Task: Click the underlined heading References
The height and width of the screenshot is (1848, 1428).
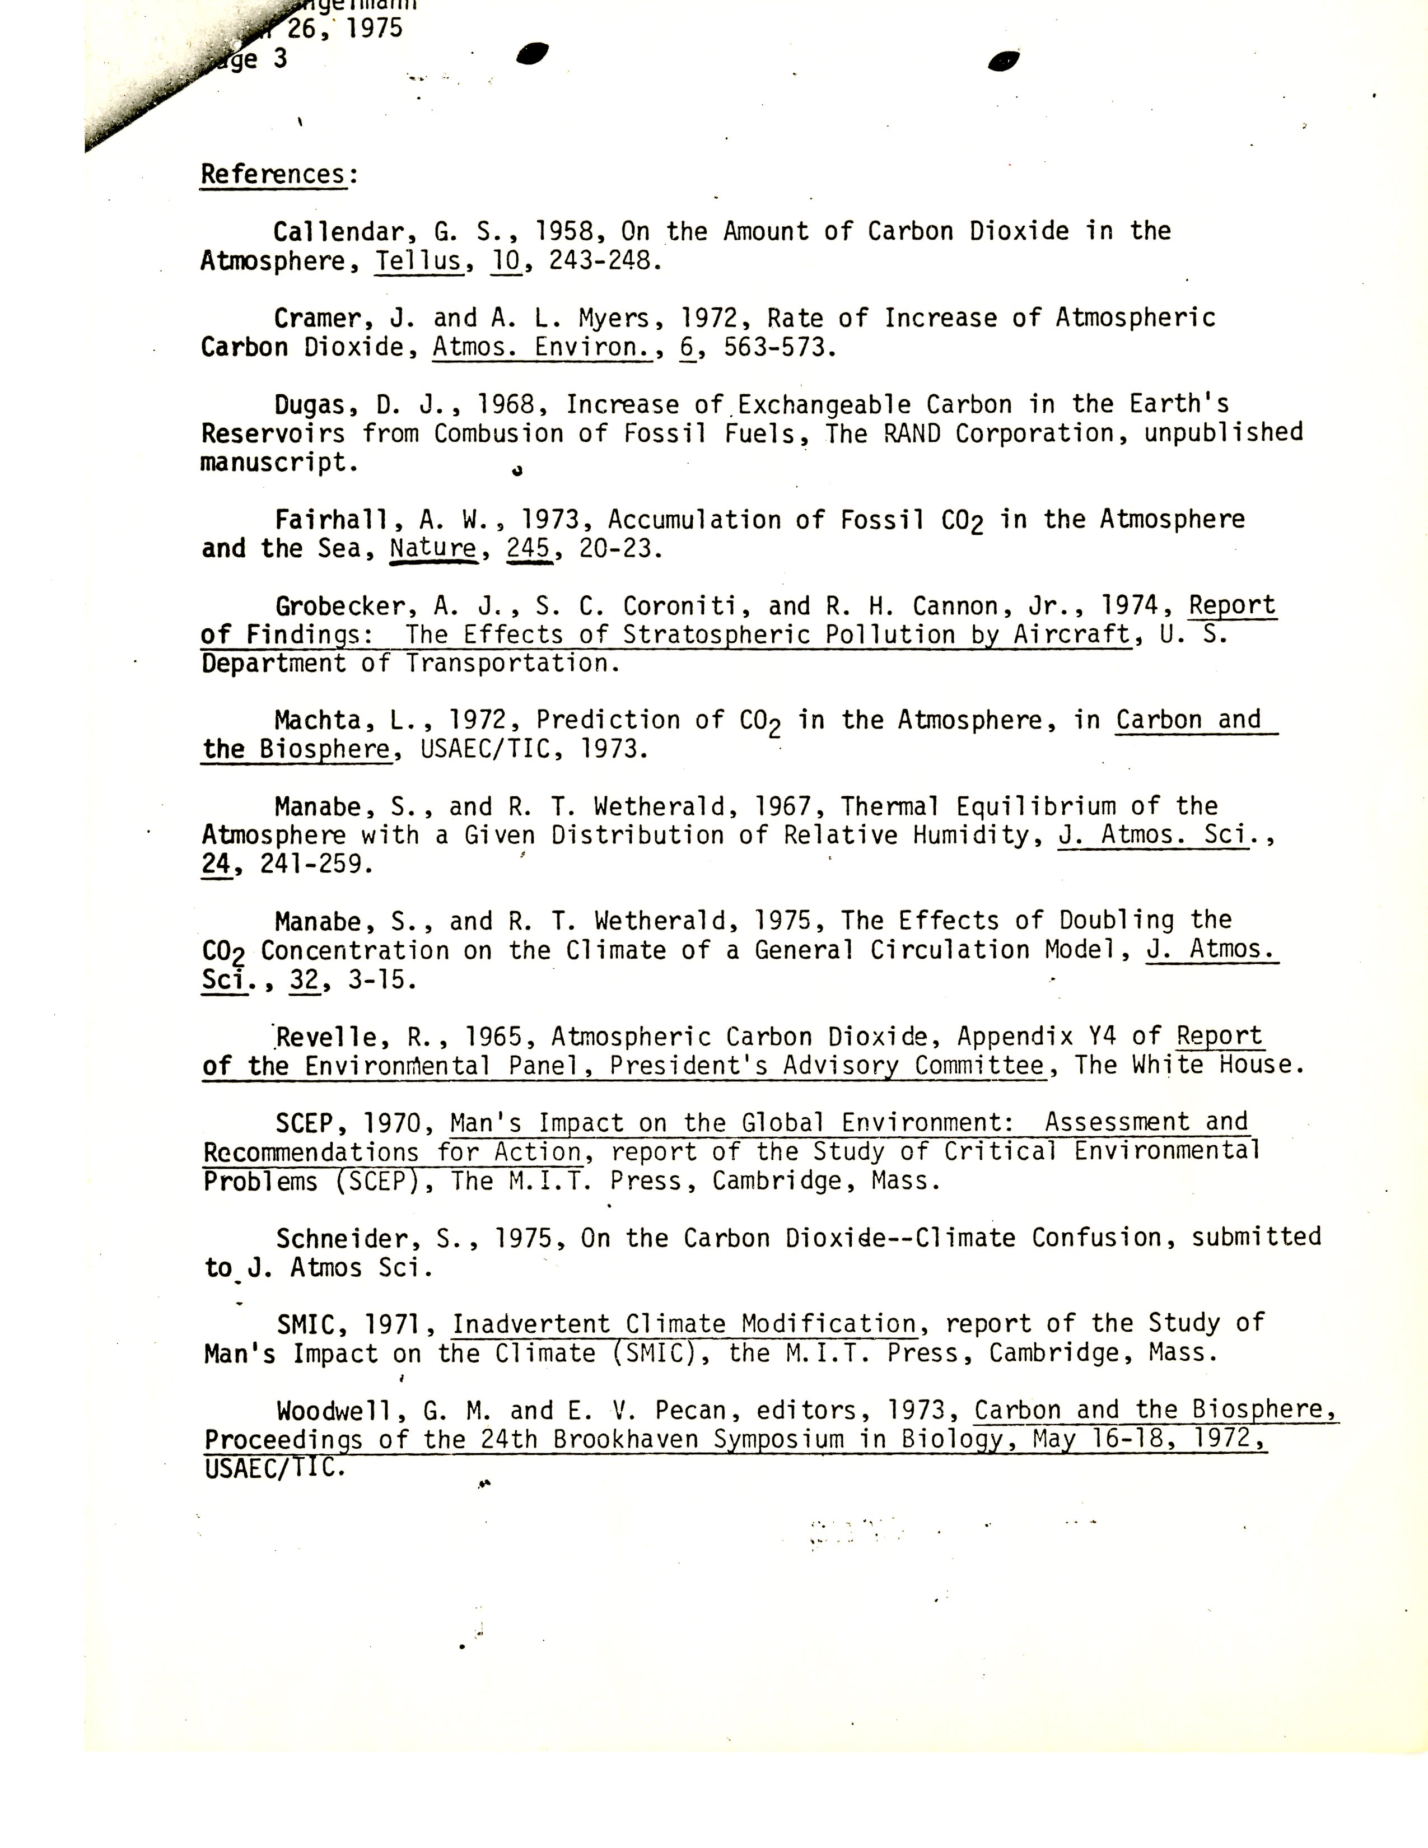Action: pyautogui.click(x=272, y=174)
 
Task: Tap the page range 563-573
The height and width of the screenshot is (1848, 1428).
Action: pyautogui.click(x=778, y=348)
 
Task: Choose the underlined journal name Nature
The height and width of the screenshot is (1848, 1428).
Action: pyautogui.click(x=433, y=548)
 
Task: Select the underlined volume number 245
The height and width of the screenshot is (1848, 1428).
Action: pyautogui.click(x=529, y=548)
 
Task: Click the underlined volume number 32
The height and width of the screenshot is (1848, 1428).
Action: pyautogui.click(x=304, y=980)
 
